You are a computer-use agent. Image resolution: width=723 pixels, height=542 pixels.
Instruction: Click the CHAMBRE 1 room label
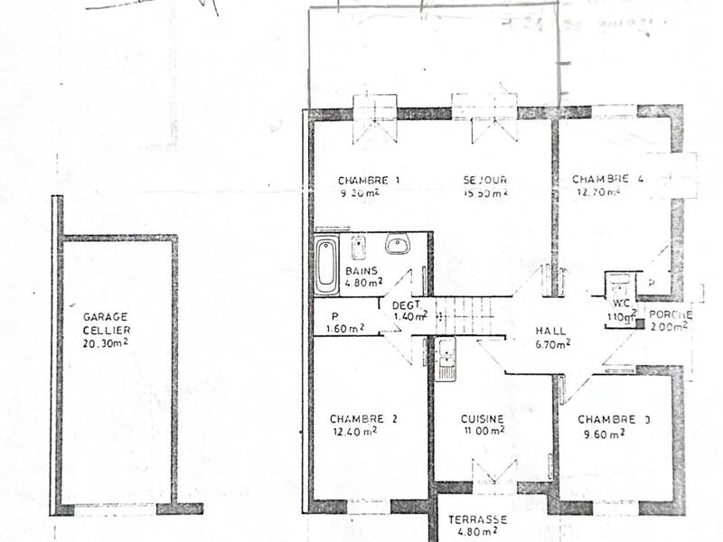(x=369, y=179)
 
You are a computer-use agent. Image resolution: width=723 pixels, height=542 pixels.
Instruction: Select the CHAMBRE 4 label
(x=607, y=179)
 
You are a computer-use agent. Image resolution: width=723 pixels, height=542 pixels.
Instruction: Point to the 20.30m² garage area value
(x=105, y=343)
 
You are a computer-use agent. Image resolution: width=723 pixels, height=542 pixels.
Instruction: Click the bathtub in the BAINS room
(x=325, y=265)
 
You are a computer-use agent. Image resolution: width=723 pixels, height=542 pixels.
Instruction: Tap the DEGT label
(x=407, y=304)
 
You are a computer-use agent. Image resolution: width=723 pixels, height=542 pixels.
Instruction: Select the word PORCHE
(x=670, y=314)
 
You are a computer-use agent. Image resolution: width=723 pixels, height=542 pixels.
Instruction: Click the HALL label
(x=550, y=331)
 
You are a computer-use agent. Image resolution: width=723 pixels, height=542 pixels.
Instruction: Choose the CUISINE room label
(x=482, y=419)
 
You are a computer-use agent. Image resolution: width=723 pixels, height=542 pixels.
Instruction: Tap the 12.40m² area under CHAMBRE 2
(x=354, y=431)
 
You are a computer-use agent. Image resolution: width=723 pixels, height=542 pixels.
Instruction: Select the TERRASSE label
(x=477, y=520)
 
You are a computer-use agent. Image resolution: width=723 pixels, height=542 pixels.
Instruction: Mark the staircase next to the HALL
(x=465, y=316)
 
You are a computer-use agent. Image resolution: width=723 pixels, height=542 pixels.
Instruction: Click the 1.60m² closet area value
(x=345, y=328)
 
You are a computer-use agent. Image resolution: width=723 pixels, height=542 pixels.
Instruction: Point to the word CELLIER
(x=105, y=330)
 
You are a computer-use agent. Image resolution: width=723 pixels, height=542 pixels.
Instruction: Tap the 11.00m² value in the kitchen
(x=482, y=431)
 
